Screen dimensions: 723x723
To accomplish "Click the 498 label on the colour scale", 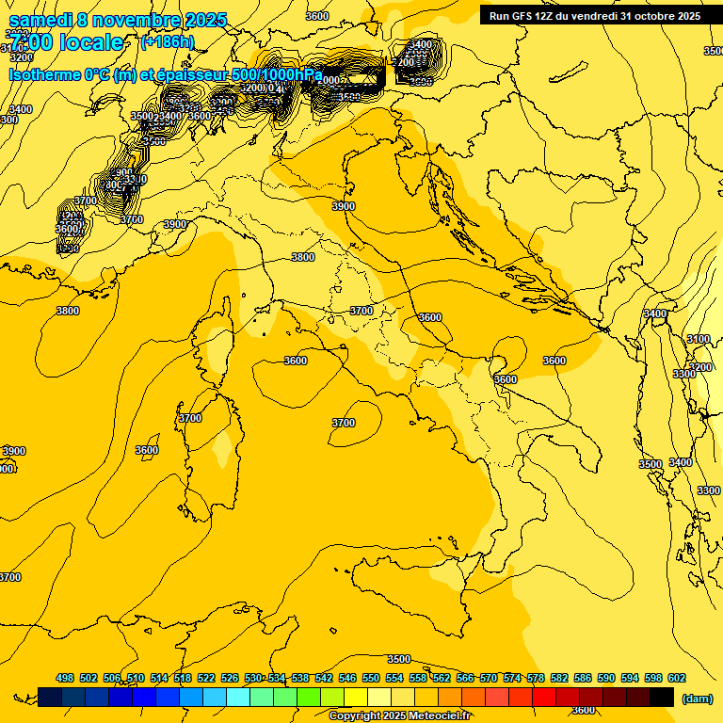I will (x=65, y=678).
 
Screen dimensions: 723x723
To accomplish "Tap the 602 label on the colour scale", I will (x=677, y=678).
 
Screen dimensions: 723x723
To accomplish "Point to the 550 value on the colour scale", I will (x=371, y=678).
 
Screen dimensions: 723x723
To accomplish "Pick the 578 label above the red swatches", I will (x=536, y=678).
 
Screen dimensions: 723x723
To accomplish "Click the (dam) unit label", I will (x=697, y=698).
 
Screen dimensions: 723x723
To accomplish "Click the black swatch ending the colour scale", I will (x=662, y=697).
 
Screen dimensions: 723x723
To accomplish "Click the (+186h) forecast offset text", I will (x=168, y=42).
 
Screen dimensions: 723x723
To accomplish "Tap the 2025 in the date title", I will (x=206, y=19).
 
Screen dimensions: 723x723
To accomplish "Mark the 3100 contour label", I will (x=698, y=339).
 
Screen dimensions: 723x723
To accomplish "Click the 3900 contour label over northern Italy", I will (x=344, y=206).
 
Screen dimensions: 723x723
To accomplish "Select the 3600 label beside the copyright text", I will (x=584, y=710).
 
